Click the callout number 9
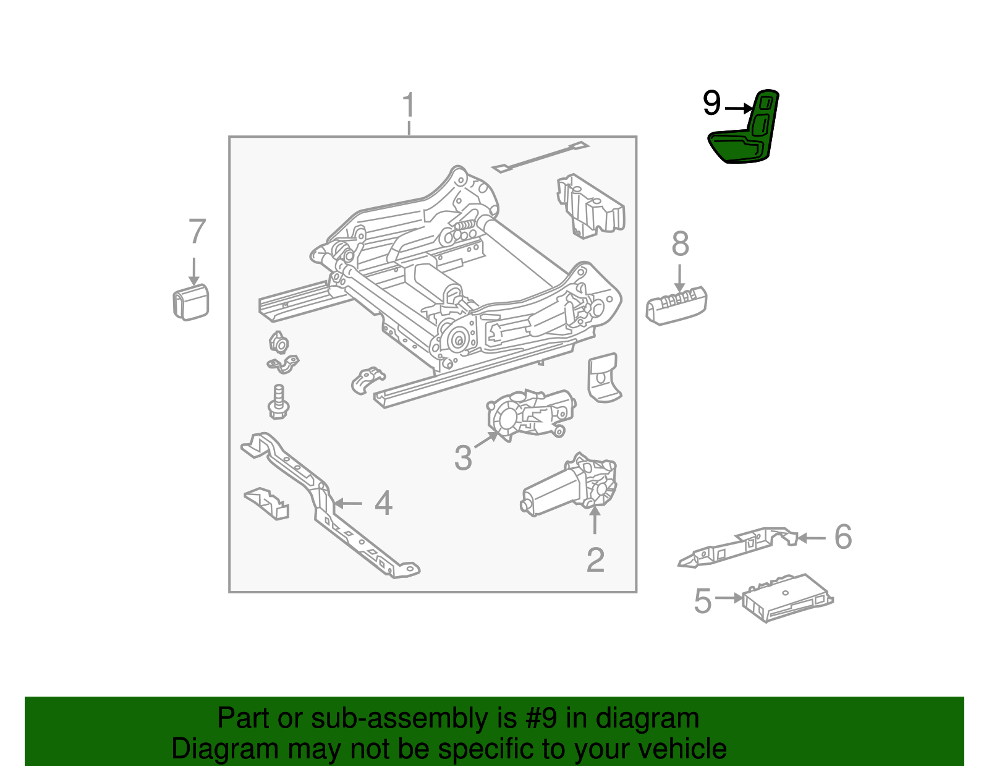(x=711, y=103)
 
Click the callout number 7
(x=197, y=232)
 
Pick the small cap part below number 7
(x=190, y=303)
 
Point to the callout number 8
(x=680, y=244)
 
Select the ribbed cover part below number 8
(x=676, y=305)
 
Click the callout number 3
(x=463, y=458)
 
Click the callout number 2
(x=595, y=560)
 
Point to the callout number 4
(x=383, y=503)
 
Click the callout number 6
(x=843, y=537)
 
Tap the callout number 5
(x=703, y=601)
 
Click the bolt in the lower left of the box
(x=279, y=402)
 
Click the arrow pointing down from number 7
(x=194, y=272)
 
